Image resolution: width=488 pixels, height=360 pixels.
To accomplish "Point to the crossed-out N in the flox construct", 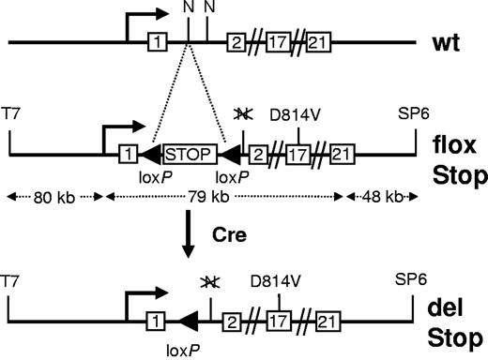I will tap(242, 114).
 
